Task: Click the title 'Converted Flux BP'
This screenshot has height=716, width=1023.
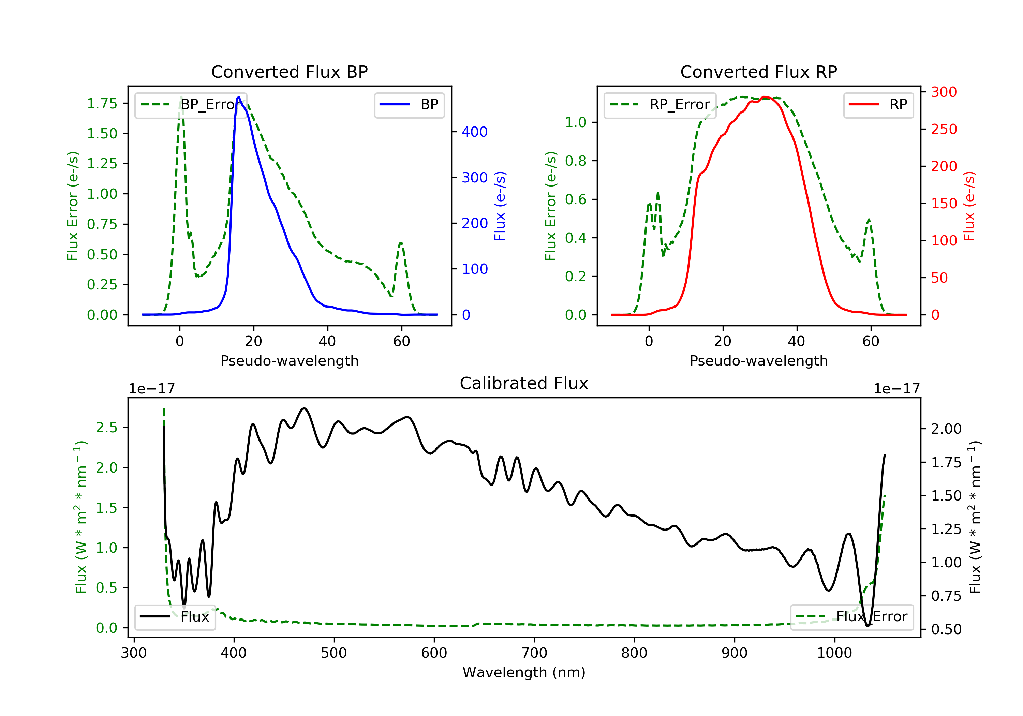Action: point(290,72)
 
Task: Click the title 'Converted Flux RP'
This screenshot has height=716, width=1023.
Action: point(759,72)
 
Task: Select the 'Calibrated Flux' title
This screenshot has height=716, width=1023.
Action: point(524,383)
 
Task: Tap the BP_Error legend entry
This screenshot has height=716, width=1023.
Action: point(191,105)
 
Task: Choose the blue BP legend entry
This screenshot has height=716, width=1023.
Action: point(409,105)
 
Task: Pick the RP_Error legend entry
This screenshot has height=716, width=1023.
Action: point(660,105)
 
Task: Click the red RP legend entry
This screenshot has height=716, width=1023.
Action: point(878,105)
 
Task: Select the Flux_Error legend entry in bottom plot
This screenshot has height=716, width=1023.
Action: point(851,617)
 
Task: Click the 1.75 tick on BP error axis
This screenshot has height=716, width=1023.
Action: point(102,103)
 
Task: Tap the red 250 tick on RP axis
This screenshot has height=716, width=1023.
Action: point(944,129)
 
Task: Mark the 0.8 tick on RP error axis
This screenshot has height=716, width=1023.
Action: point(576,161)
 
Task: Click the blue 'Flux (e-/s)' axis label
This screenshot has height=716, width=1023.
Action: point(500,206)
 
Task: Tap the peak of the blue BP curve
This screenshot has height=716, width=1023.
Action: point(239,97)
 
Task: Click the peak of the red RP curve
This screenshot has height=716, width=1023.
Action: point(765,97)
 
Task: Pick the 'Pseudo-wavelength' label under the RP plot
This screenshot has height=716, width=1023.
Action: point(759,360)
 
